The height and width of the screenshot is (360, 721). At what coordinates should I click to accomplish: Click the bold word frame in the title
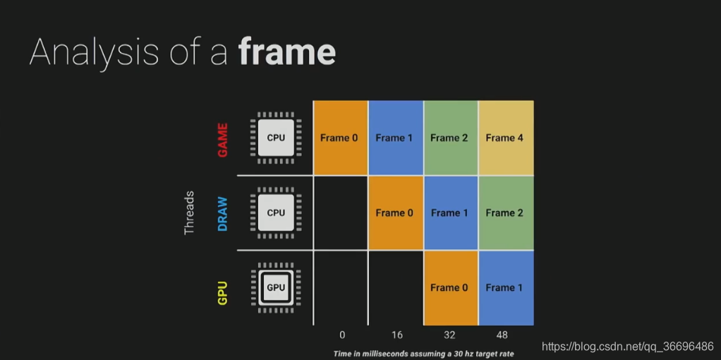286,52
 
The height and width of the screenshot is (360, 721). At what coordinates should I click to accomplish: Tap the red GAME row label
223,138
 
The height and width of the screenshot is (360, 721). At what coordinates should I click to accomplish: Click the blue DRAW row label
223,213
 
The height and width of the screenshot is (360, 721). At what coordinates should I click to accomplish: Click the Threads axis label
188,212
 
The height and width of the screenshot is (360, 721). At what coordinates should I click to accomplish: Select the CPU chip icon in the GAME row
276,138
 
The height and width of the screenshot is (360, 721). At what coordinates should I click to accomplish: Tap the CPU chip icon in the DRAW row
276,212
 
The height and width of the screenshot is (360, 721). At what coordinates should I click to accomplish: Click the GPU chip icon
276,287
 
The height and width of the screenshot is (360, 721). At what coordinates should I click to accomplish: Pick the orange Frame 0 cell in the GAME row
339,138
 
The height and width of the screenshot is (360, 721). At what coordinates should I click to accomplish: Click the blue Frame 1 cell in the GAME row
394,138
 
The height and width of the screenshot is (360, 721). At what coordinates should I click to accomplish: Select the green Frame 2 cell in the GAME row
449,138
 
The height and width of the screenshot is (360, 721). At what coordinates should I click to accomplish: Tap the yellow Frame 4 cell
505,138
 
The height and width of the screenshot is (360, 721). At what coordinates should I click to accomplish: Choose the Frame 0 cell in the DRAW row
394,212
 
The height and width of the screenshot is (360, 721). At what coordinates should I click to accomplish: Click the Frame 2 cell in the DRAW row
505,212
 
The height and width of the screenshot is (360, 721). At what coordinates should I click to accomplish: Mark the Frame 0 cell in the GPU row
449,287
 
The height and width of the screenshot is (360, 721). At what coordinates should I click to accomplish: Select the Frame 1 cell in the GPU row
505,287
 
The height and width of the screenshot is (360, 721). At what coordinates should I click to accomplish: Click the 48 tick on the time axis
502,335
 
